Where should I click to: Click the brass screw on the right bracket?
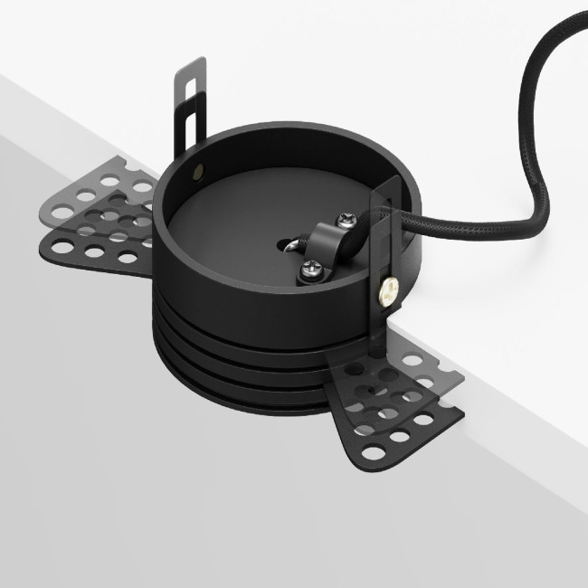click(385, 289)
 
